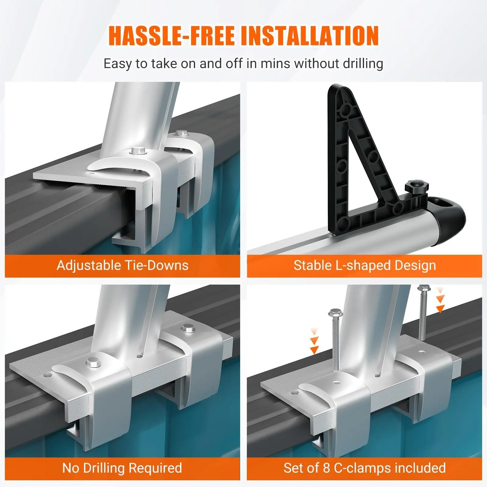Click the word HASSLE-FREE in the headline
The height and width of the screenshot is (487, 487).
[x=172, y=36]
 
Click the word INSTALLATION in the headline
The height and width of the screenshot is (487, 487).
[x=310, y=36]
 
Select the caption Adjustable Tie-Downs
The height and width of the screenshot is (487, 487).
[x=122, y=265]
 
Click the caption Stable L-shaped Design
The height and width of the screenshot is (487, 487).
[x=365, y=265]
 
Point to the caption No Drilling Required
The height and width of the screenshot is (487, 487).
[x=122, y=468]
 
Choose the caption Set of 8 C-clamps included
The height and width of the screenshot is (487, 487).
[x=365, y=468]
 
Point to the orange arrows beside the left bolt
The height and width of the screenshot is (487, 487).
[x=314, y=341]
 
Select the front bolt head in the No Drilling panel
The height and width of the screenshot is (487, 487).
[x=93, y=362]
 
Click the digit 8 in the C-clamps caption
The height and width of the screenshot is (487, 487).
[x=326, y=468]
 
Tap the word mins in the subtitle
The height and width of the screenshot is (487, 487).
[x=276, y=64]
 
